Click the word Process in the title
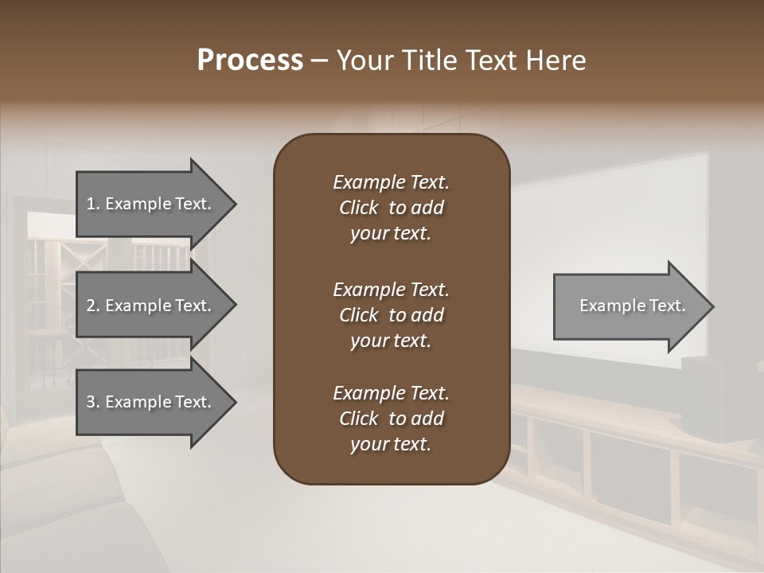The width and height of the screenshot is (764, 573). click(250, 60)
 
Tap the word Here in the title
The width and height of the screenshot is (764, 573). click(554, 60)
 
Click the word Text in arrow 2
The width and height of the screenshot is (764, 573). click(193, 306)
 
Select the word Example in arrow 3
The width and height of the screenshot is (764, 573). click(137, 402)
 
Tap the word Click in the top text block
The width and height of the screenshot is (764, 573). click(358, 208)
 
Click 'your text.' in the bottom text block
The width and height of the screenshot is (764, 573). click(390, 445)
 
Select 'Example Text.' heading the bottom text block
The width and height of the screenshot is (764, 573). click(391, 393)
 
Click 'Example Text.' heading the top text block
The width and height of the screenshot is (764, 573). click(391, 182)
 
